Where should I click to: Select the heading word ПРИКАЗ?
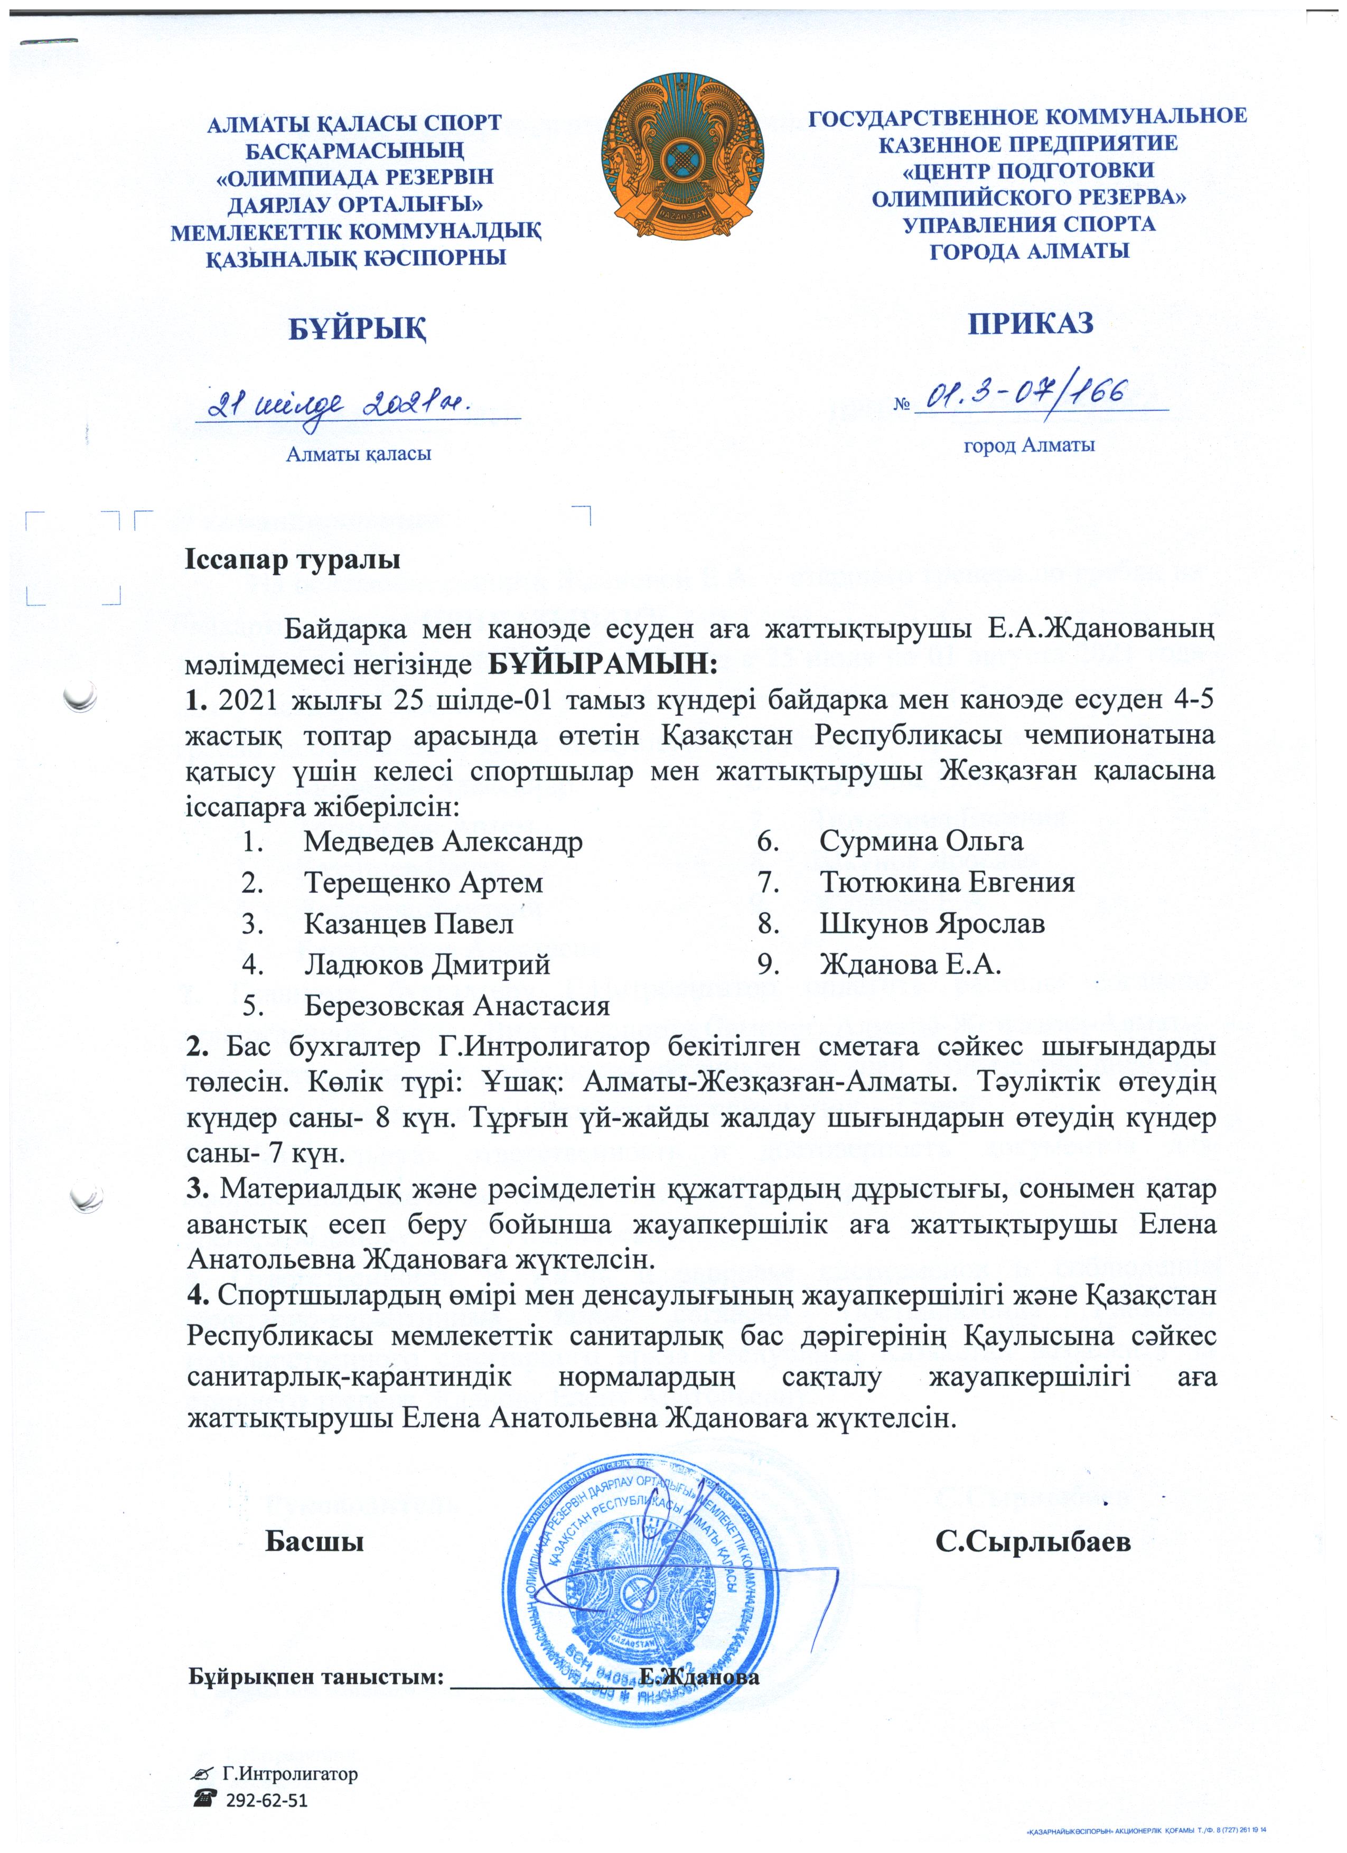[1030, 324]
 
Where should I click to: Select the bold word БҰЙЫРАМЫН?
[603, 663]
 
